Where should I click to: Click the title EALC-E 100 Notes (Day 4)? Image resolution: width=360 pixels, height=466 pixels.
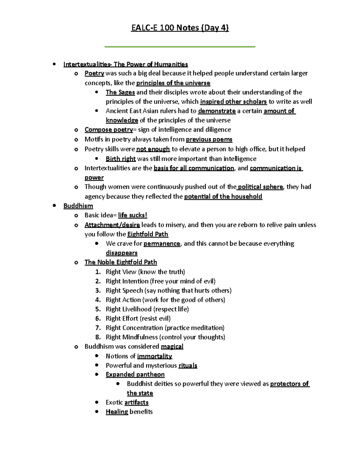pyautogui.click(x=180, y=28)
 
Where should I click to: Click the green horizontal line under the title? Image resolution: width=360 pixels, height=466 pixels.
pyautogui.click(x=180, y=47)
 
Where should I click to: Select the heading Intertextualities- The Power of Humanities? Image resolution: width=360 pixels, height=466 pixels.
pyautogui.click(x=125, y=64)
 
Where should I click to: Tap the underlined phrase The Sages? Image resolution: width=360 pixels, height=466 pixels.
pyautogui.click(x=120, y=92)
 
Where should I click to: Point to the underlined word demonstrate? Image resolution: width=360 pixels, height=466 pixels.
pyautogui.click(x=217, y=111)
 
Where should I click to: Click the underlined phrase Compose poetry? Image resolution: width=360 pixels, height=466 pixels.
pyautogui.click(x=109, y=130)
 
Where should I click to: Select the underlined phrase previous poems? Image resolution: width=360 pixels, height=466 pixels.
pyautogui.click(x=209, y=140)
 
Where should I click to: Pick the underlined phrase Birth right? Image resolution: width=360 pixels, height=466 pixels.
pyautogui.click(x=121, y=159)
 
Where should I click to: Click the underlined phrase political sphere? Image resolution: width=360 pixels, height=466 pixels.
pyautogui.click(x=260, y=187)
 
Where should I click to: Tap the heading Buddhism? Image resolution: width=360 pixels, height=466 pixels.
pyautogui.click(x=78, y=206)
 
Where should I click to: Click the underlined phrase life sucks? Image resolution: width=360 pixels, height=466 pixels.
pyautogui.click(x=133, y=215)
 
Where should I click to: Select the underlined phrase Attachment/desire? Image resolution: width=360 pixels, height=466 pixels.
pyautogui.click(x=112, y=225)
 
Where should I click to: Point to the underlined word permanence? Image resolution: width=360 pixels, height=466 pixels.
pyautogui.click(x=162, y=244)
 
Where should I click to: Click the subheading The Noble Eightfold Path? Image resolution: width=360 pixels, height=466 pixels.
pyautogui.click(x=121, y=262)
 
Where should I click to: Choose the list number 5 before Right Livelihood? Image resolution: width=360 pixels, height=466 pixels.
pyautogui.click(x=98, y=309)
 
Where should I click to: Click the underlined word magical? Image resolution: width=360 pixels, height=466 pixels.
pyautogui.click(x=172, y=347)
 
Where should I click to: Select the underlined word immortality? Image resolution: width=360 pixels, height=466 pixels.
pyautogui.click(x=154, y=356)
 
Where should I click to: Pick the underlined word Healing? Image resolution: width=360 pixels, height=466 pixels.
pyautogui.click(x=117, y=412)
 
